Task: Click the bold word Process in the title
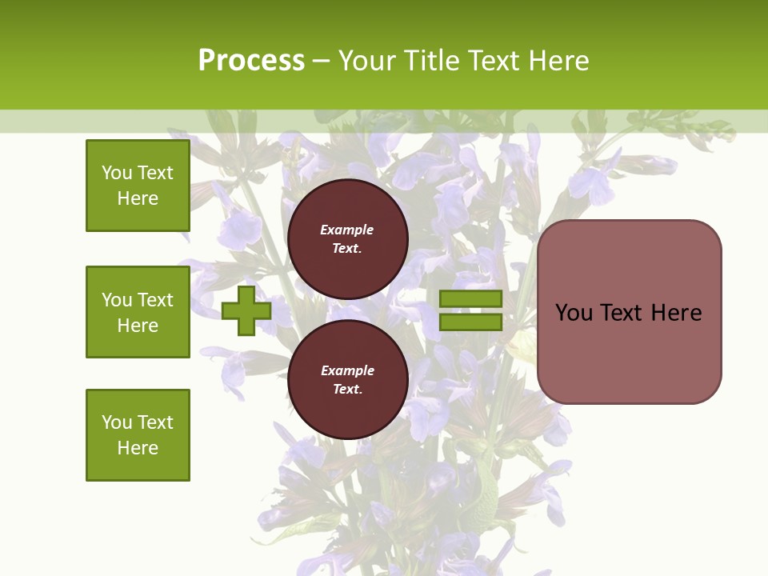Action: pos(251,61)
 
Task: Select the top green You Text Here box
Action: pos(138,186)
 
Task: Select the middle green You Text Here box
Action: pos(138,312)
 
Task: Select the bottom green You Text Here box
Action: pos(138,434)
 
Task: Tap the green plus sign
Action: pos(246,310)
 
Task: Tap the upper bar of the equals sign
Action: pos(470,299)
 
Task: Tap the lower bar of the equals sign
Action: pos(470,322)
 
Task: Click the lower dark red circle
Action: pos(347,408)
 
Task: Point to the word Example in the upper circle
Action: pos(347,230)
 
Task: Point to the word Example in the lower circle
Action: pos(347,370)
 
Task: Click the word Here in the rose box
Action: pos(676,313)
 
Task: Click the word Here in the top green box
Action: pos(138,198)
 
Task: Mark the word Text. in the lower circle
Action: pos(347,390)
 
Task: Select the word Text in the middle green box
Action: pos(154,300)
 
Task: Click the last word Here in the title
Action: pos(562,61)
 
